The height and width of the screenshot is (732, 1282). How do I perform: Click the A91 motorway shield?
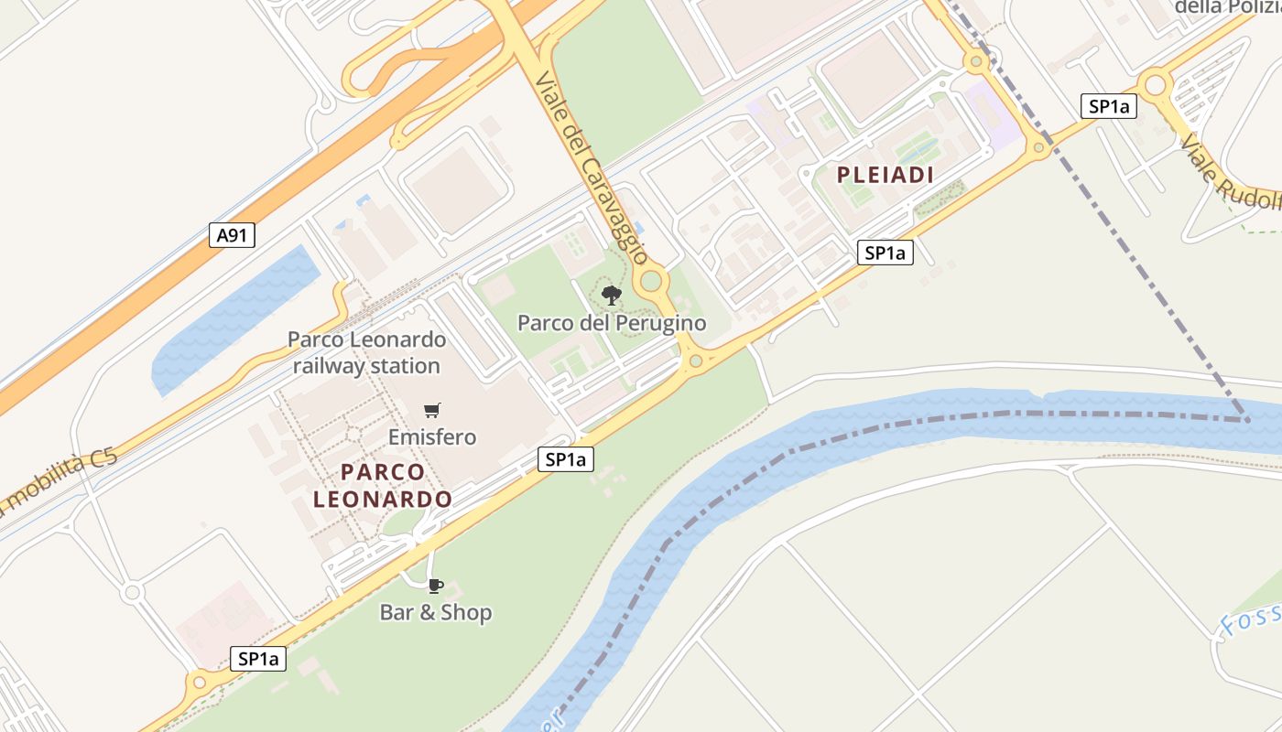click(x=232, y=236)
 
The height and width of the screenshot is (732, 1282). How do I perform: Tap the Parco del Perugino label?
click(x=612, y=323)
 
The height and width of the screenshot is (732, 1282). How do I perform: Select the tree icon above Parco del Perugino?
click(x=612, y=295)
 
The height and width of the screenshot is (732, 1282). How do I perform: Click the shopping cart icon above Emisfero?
click(x=432, y=410)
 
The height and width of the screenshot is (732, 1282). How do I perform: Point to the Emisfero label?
click(x=432, y=437)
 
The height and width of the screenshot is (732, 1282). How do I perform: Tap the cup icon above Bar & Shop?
click(x=436, y=586)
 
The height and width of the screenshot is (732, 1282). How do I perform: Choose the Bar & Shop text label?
click(x=436, y=612)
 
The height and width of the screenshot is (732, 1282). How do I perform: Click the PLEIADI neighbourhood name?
click(x=885, y=176)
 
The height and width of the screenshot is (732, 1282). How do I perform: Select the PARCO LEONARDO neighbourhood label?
click(x=383, y=486)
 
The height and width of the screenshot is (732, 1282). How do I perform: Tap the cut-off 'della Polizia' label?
click(x=1227, y=7)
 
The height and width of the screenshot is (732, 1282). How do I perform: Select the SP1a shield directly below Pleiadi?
click(x=885, y=253)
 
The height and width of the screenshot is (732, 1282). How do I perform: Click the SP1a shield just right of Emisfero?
click(x=565, y=459)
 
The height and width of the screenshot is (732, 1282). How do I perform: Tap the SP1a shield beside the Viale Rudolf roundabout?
click(x=1108, y=106)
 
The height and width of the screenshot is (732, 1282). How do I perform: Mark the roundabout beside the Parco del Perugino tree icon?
click(x=652, y=281)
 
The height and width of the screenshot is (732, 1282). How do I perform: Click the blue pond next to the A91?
click(x=229, y=320)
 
